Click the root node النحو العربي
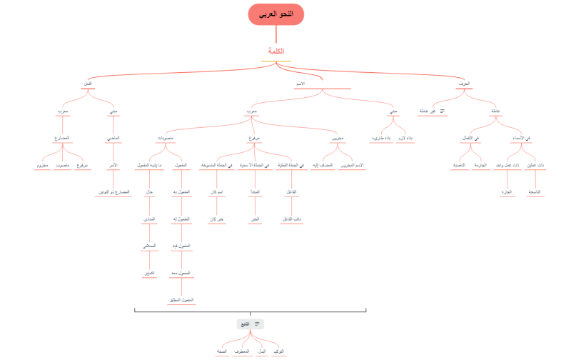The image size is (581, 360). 276,14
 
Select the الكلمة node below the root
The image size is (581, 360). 276,51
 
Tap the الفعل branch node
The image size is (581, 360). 88,84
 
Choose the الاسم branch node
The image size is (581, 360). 300,84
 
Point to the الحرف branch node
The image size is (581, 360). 464,84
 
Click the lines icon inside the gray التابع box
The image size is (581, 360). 257,324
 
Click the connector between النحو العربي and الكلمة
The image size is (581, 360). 276,36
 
